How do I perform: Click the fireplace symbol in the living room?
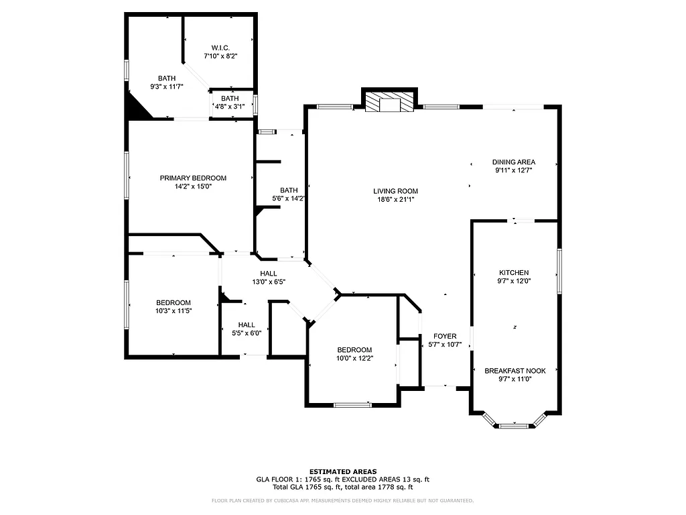click(389, 102)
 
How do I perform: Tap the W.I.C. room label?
click(220, 48)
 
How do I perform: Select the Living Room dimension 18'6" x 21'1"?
click(395, 198)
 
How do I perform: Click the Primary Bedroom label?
click(193, 178)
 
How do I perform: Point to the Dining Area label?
click(514, 162)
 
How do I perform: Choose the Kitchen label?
click(514, 272)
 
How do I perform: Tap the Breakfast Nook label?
click(515, 370)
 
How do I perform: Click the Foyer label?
click(445, 336)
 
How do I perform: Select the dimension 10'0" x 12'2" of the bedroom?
click(354, 358)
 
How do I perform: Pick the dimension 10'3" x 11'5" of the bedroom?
click(174, 310)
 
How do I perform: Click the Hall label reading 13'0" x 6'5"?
click(268, 274)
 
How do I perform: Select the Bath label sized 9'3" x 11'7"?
click(167, 78)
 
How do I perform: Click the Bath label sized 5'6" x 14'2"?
click(289, 190)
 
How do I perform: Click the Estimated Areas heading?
click(342, 471)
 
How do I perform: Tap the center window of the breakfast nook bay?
click(515, 425)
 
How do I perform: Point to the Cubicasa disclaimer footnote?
click(342, 500)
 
